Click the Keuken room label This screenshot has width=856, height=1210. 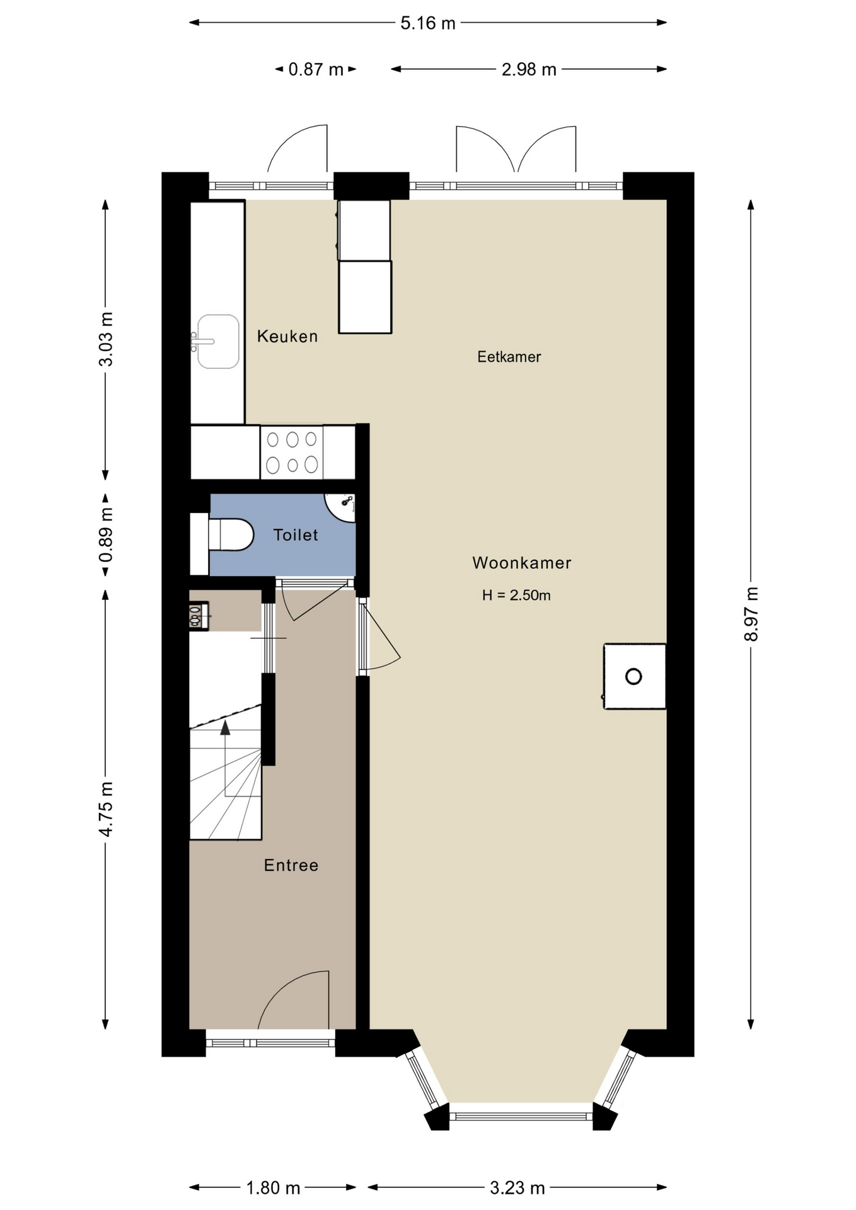click(287, 336)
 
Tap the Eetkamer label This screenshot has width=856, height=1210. click(509, 357)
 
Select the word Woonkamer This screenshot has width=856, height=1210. click(522, 563)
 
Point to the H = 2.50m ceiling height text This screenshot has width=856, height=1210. click(516, 595)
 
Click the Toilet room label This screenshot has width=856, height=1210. click(296, 535)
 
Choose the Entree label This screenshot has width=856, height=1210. click(291, 865)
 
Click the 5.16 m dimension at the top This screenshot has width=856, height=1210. click(428, 23)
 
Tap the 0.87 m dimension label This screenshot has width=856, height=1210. click(316, 69)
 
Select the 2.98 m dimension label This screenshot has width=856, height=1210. click(529, 69)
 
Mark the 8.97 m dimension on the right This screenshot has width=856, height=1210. click(751, 614)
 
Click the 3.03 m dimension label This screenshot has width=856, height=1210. click(106, 339)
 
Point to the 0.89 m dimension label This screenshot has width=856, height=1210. click(106, 535)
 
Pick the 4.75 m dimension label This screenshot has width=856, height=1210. click(106, 809)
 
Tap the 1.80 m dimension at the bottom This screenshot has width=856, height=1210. click(273, 1188)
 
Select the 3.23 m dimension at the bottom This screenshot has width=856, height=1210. click(518, 1188)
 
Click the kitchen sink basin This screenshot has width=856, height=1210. click(218, 342)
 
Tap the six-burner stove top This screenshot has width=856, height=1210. click(292, 451)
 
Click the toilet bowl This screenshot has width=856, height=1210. click(231, 535)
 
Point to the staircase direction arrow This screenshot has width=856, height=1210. click(225, 728)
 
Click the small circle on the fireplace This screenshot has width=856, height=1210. click(633, 677)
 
